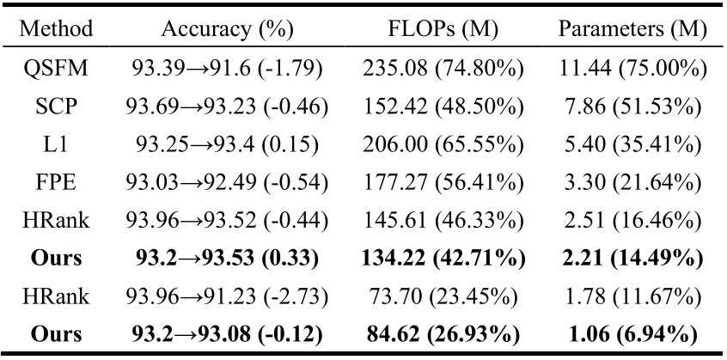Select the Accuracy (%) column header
(228, 29)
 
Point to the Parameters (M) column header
(633, 29)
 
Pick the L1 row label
(52, 145)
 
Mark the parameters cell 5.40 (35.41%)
(633, 145)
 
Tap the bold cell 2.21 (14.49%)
(633, 259)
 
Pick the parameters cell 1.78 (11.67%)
(633, 296)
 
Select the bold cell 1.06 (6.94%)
(633, 334)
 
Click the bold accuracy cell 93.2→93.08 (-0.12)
(228, 334)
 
